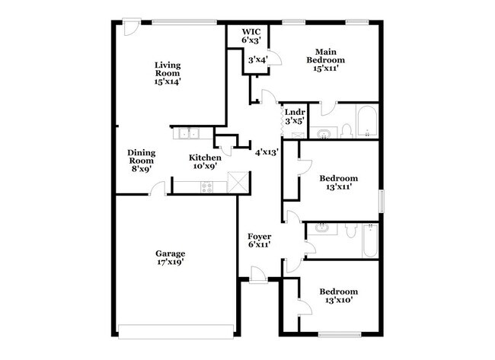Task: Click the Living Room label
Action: pos(168,69)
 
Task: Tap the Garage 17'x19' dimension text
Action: pos(171,262)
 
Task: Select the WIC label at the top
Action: pos(251,31)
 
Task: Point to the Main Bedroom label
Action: pos(326,56)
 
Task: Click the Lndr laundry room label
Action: pos(295,113)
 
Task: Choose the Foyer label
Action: pos(259,237)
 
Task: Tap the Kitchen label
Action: pos(205,158)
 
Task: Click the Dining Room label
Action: pos(142,157)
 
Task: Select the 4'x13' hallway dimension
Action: pos(267,153)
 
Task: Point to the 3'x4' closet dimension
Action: pos(258,59)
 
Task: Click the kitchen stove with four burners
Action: pos(207,186)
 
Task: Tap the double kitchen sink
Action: pos(188,133)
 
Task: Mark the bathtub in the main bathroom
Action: pos(367,122)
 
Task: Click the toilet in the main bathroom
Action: pos(347,132)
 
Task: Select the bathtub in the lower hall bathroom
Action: pos(370,241)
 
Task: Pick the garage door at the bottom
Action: pos(176,331)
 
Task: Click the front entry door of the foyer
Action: pos(259,276)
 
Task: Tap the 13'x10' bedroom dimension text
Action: pos(339,300)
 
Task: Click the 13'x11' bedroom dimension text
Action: pos(339,186)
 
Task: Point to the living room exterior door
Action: pos(132,27)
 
